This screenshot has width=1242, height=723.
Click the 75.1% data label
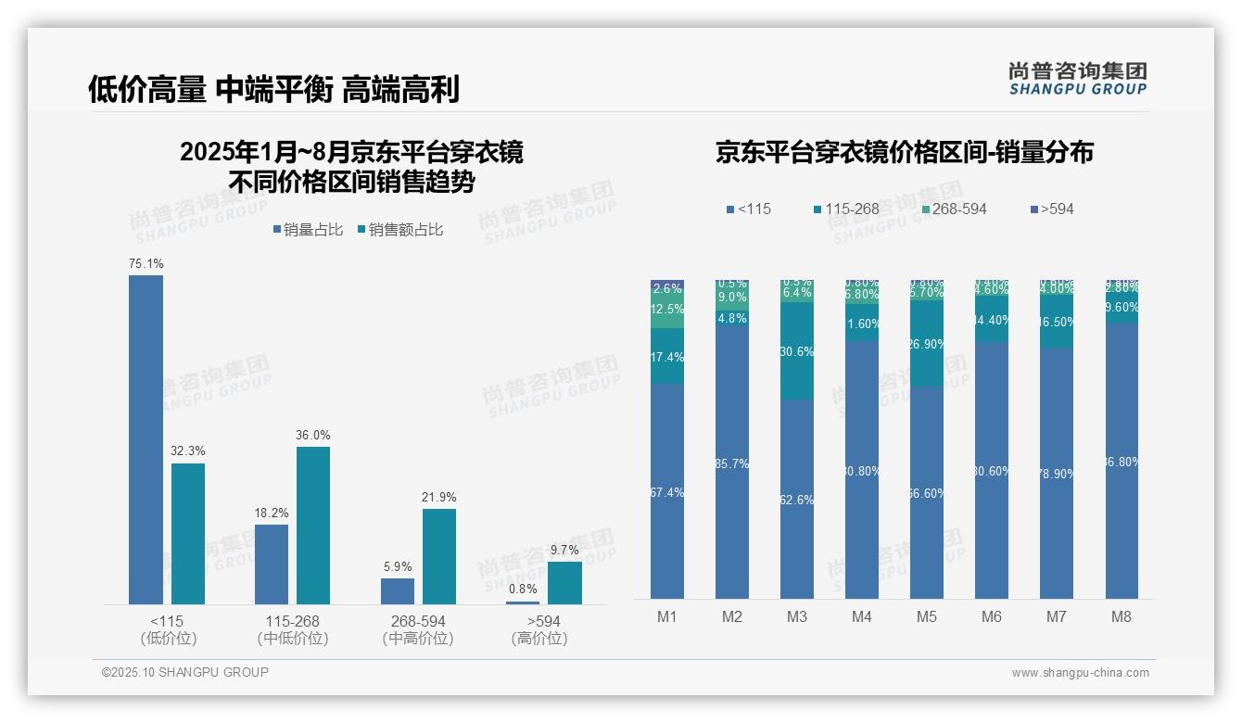[146, 264]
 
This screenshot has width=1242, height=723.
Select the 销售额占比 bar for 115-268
[313, 525]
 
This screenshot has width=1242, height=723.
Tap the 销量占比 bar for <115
[146, 439]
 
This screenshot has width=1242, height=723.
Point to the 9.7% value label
[564, 551]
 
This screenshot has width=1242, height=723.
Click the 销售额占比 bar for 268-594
[439, 556]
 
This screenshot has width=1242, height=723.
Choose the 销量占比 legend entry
[308, 230]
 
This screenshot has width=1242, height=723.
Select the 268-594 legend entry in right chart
[954, 209]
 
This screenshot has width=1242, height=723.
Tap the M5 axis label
[927, 616]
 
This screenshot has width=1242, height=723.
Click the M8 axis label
[1122, 616]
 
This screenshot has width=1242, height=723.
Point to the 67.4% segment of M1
[667, 492]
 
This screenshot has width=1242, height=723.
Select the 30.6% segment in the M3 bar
[797, 351]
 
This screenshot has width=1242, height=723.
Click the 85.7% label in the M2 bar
[732, 463]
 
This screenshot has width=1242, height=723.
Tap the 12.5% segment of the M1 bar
[667, 310]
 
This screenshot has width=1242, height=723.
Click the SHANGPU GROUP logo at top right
[1077, 78]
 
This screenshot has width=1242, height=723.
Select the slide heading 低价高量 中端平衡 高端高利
[273, 90]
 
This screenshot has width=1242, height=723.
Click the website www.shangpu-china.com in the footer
[1080, 673]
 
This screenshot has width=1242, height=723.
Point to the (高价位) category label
[539, 639]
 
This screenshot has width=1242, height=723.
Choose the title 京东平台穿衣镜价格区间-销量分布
[904, 152]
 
